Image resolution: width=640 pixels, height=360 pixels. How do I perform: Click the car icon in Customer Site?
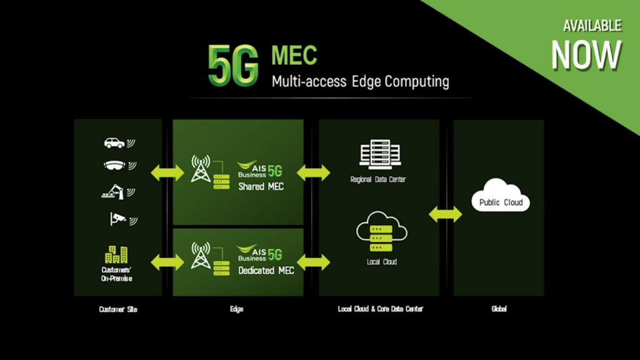[x=114, y=143]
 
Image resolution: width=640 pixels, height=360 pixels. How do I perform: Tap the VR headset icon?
[x=114, y=166]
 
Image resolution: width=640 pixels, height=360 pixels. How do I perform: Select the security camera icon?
[x=117, y=218]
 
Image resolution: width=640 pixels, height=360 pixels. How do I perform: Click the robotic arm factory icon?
[x=114, y=191]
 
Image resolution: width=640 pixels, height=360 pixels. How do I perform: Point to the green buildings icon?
[x=116, y=254]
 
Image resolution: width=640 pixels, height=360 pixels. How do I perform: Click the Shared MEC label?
[x=261, y=186]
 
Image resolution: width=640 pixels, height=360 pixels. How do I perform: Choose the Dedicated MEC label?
[x=266, y=271]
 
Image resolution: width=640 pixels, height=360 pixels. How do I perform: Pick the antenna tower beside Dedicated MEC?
[x=201, y=255]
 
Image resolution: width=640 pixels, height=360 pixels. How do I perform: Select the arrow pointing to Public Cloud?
[x=446, y=214]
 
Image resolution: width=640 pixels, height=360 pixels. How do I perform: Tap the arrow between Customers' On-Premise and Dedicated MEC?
[x=167, y=261]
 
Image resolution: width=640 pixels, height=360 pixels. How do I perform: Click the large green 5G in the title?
[x=232, y=65]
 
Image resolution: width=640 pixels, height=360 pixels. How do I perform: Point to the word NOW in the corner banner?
[x=586, y=54]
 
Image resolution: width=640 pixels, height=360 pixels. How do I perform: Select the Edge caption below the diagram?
[x=236, y=309]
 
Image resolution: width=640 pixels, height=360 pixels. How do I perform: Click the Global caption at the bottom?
[x=498, y=309]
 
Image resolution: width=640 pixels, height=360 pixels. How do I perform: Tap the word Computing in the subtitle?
[x=417, y=81]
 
